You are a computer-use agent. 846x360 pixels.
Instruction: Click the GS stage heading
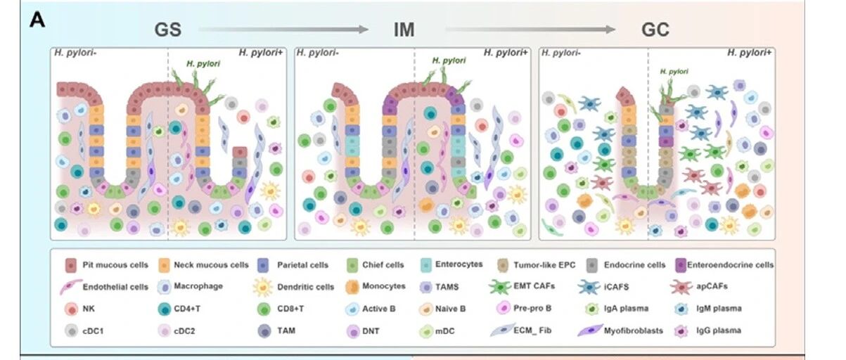[x=168, y=30]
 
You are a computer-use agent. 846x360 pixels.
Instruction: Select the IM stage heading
[x=404, y=30]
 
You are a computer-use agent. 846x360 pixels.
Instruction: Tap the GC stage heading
[x=655, y=30]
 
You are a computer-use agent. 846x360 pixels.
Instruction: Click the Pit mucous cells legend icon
[x=70, y=265]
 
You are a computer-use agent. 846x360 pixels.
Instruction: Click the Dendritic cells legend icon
[x=262, y=287]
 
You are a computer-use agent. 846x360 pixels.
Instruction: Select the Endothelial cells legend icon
[x=71, y=287]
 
